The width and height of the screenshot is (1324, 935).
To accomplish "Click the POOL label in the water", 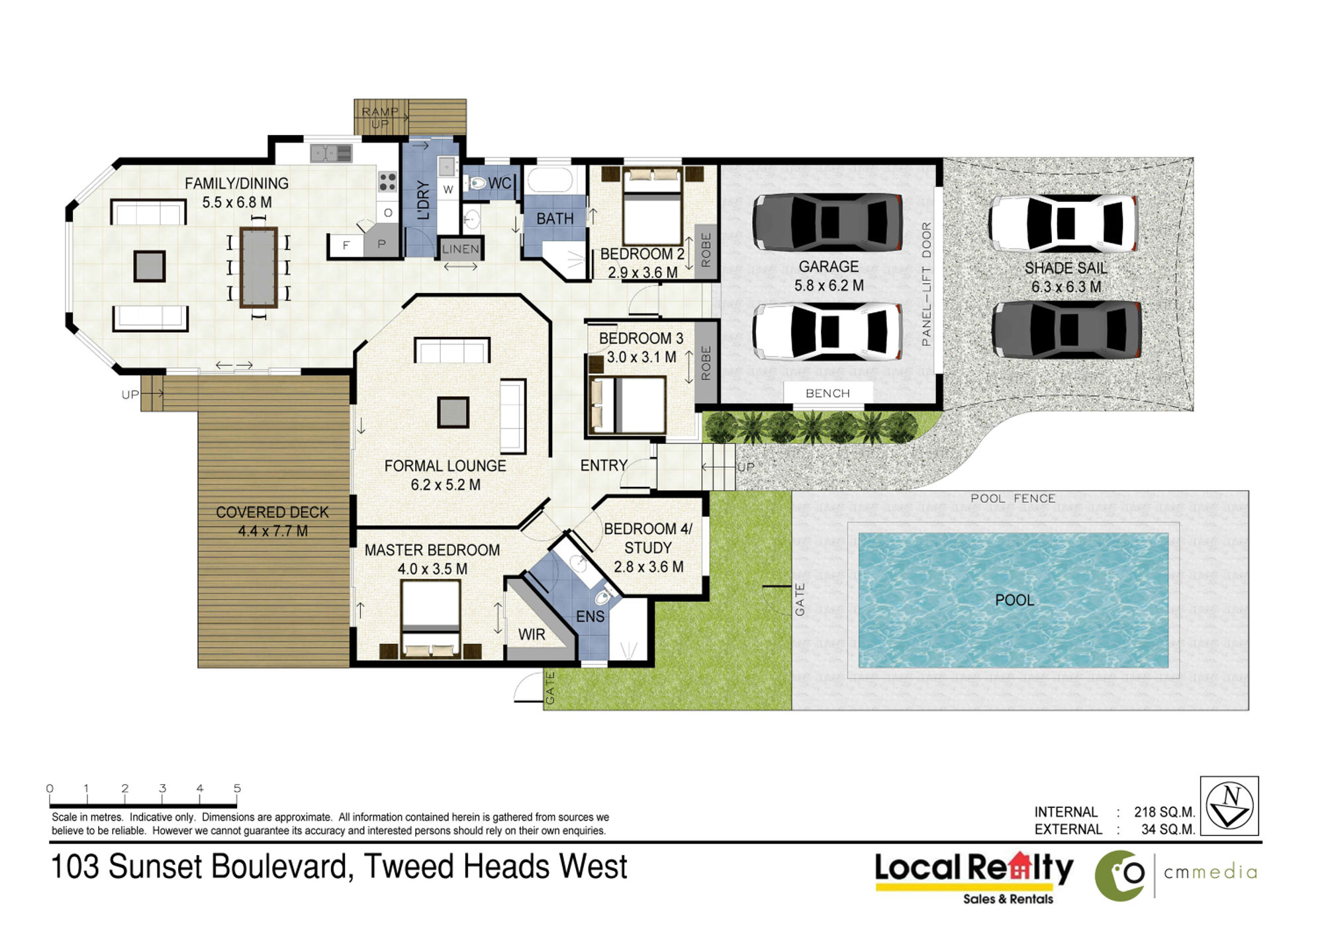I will point(1014,600).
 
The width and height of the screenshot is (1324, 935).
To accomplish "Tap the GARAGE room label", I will point(828,267).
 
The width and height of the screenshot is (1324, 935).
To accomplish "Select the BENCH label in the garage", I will point(827,393).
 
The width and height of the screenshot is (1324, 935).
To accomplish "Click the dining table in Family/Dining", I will point(258,267).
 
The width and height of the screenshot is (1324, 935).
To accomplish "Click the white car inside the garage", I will point(827,332).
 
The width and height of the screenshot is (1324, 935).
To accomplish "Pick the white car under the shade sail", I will point(1063,223).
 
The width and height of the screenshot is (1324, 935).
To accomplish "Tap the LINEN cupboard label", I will point(460,249).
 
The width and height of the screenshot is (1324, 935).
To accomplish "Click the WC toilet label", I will point(500,183).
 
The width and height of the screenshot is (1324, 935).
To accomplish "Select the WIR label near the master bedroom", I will point(532,635).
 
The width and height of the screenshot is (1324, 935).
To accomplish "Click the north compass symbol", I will point(1229,805).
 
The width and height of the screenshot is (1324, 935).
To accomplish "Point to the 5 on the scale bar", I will point(237,788).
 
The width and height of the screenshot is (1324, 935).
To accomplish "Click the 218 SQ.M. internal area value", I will point(1164,812).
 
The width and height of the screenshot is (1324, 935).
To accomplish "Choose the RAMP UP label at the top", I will point(381,117).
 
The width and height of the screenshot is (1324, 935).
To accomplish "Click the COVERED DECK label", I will point(272,512).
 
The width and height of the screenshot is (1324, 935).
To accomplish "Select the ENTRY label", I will point(604,466).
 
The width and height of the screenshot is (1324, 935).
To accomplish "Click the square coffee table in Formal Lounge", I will point(453,412).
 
